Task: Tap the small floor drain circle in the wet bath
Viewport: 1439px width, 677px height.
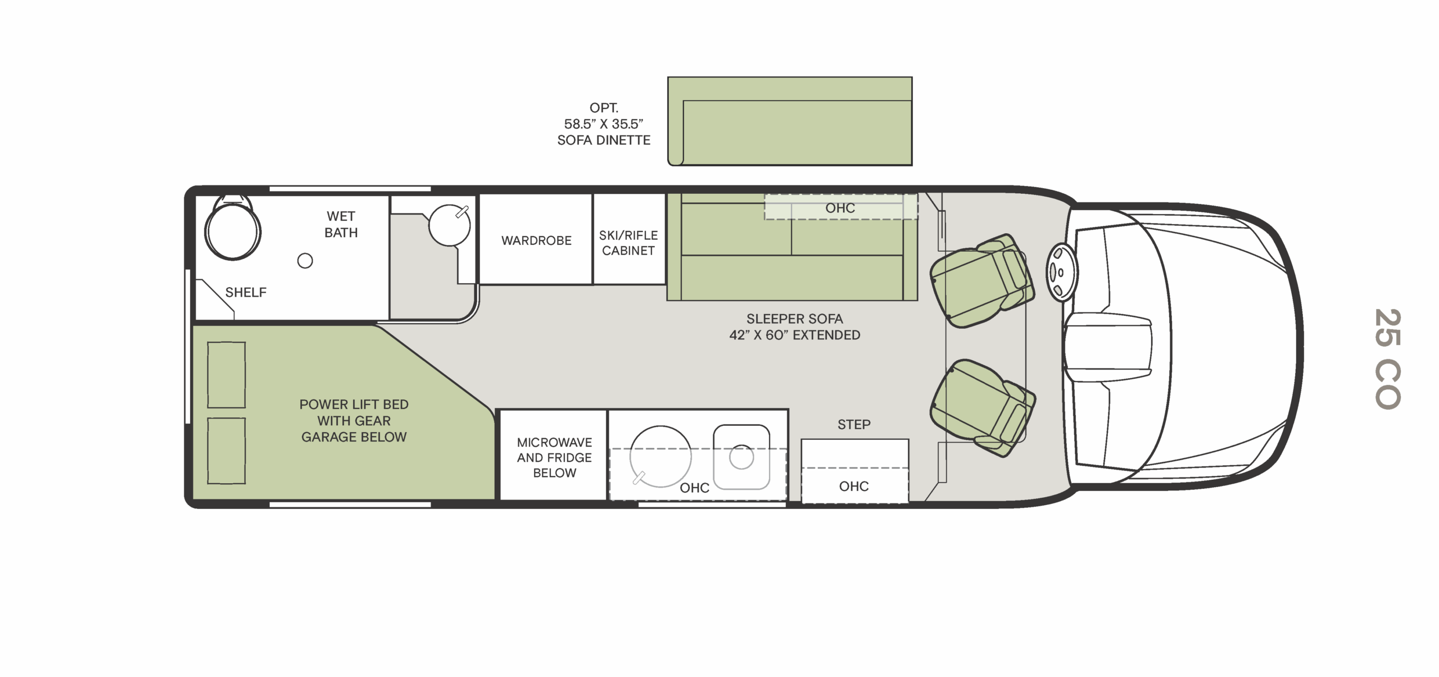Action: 305,261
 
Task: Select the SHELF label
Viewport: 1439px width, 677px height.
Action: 246,292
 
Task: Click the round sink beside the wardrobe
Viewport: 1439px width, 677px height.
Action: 449,225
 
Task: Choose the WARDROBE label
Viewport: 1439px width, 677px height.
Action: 536,240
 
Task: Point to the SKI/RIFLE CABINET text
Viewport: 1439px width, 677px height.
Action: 628,243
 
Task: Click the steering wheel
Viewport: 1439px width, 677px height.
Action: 1061,272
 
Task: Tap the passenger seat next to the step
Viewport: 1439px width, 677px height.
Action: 983,408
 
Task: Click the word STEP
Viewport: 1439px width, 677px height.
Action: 854,425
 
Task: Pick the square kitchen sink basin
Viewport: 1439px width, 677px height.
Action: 741,457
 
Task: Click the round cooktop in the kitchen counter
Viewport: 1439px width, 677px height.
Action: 660,456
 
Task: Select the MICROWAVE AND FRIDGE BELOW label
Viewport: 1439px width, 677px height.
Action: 554,457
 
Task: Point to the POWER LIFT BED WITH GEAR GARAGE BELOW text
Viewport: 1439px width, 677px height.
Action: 354,421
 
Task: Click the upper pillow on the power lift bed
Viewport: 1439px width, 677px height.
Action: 227,375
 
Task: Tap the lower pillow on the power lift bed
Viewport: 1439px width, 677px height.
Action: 227,451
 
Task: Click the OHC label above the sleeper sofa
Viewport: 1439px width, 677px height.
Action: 840,208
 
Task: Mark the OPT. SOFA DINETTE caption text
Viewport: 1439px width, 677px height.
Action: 604,124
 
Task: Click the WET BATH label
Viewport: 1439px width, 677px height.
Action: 341,224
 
